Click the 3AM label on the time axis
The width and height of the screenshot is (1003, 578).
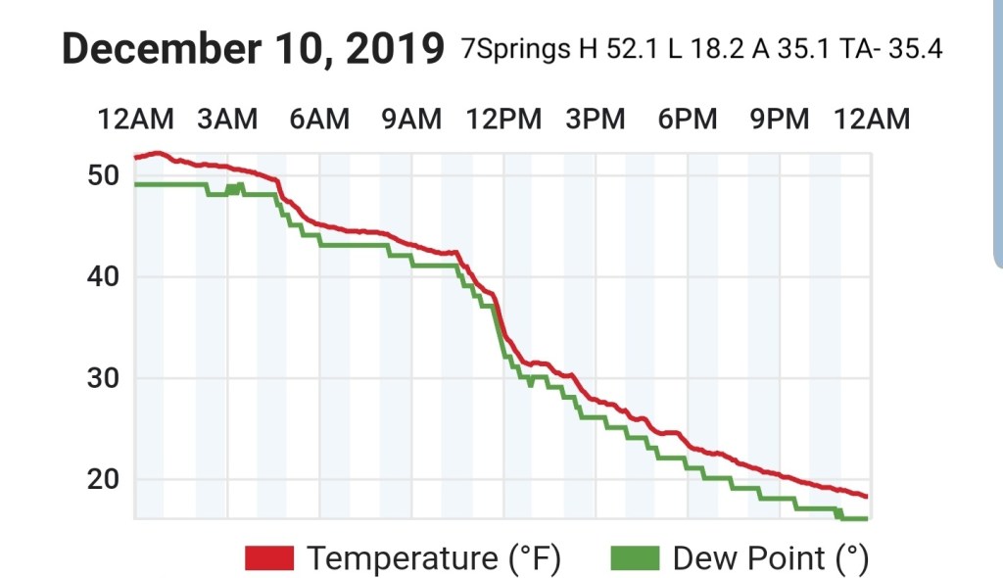pos(227,120)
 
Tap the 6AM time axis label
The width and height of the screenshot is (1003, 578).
pos(319,120)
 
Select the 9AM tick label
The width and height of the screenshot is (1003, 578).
pos(411,120)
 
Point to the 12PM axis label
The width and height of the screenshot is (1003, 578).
pos(503,120)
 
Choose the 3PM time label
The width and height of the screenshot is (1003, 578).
pos(596,120)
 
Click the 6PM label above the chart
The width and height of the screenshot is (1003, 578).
pos(688,120)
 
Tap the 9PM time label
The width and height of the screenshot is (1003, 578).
pos(780,120)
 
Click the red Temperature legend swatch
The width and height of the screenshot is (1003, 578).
pos(269,558)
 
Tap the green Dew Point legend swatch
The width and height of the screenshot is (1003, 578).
pos(635,558)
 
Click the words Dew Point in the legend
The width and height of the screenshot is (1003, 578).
pos(749,558)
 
